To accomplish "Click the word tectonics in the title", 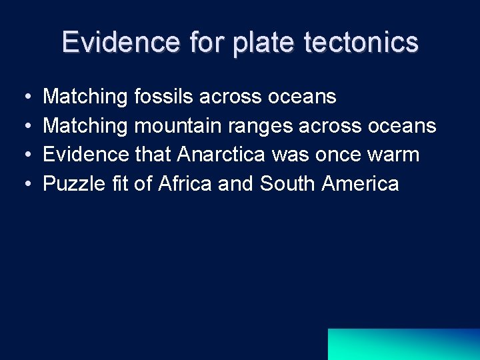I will coord(361,43).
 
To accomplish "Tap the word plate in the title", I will coord(263,43).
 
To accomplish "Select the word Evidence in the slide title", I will coord(120,43).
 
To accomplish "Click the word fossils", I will coord(164,97).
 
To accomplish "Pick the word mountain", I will coord(181,126).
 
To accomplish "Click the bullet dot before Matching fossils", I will coord(25,98).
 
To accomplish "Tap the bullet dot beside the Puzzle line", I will coord(25,184).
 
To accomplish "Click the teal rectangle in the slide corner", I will coord(403,344).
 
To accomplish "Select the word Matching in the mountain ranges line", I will coord(85,126).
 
